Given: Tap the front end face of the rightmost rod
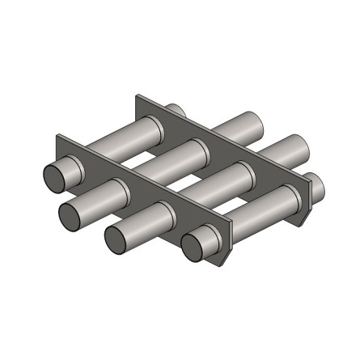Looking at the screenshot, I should (195, 247).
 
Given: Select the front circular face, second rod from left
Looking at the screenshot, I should (71, 214).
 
